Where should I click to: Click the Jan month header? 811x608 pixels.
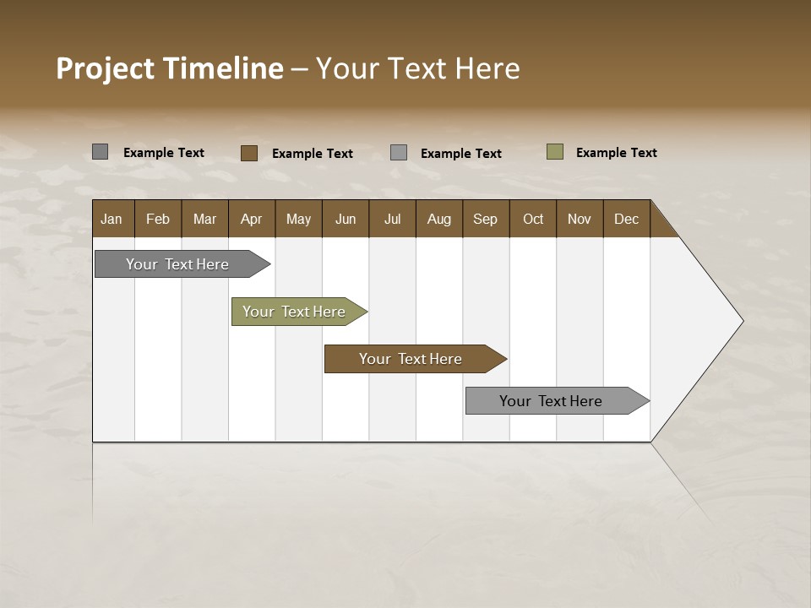click(112, 219)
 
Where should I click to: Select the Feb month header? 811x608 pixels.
click(158, 219)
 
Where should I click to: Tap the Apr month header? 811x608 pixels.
click(251, 219)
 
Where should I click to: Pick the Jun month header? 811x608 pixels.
click(346, 219)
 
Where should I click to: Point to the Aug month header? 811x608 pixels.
click(438, 219)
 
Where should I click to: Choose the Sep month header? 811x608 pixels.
click(485, 219)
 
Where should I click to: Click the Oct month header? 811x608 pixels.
click(533, 219)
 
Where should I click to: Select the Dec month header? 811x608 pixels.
click(626, 219)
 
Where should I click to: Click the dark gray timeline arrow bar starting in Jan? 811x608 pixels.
click(177, 264)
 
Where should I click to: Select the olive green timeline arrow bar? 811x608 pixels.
click(294, 312)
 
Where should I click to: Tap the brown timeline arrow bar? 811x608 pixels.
click(411, 359)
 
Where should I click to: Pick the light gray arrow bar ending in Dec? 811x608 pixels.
click(551, 401)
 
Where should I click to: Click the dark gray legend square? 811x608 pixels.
click(101, 152)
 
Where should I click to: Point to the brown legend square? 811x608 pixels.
click(249, 153)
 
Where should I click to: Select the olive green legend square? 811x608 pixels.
click(555, 152)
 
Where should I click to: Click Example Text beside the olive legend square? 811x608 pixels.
click(616, 153)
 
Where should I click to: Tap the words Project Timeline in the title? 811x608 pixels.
click(169, 68)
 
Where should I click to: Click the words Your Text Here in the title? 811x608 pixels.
click(417, 68)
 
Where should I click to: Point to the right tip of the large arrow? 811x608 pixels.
click(741, 321)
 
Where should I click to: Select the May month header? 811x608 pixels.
click(298, 219)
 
